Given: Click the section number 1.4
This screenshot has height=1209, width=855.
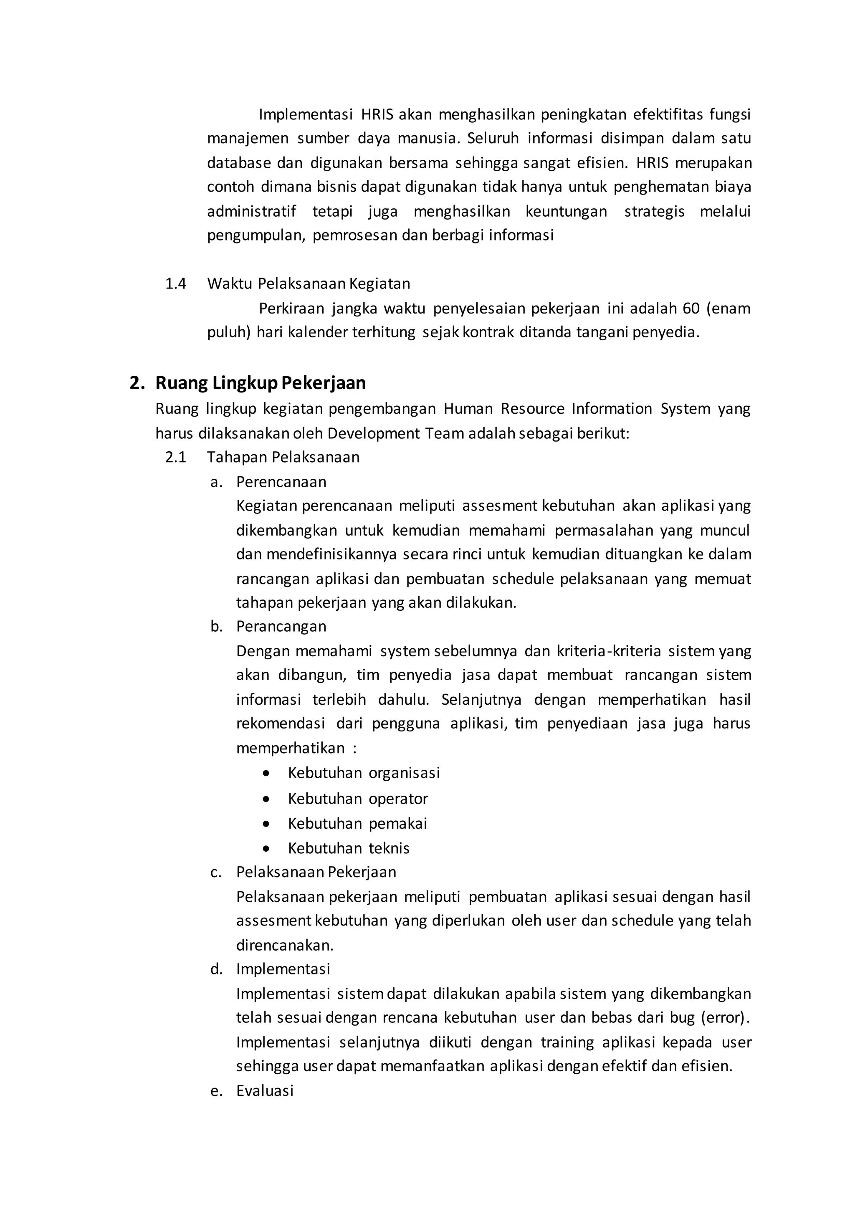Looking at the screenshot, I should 175,284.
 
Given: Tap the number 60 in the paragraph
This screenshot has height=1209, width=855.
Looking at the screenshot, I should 691,309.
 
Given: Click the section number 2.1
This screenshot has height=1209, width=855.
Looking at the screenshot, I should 175,457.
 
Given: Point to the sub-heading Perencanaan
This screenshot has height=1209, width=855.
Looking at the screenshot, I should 281,482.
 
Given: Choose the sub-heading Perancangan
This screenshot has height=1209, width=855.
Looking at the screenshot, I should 281,627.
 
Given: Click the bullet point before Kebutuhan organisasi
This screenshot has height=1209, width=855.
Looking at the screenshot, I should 266,774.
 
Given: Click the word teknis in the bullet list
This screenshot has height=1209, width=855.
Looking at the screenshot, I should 389,848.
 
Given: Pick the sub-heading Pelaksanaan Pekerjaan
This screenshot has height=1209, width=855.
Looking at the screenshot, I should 316,872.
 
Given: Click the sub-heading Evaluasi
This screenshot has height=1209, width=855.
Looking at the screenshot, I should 265,1090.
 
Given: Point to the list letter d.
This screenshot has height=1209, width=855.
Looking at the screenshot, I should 216,969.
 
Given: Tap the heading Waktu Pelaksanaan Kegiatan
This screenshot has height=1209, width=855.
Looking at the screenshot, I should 309,284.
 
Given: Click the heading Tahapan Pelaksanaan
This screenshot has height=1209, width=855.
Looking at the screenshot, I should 283,457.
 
